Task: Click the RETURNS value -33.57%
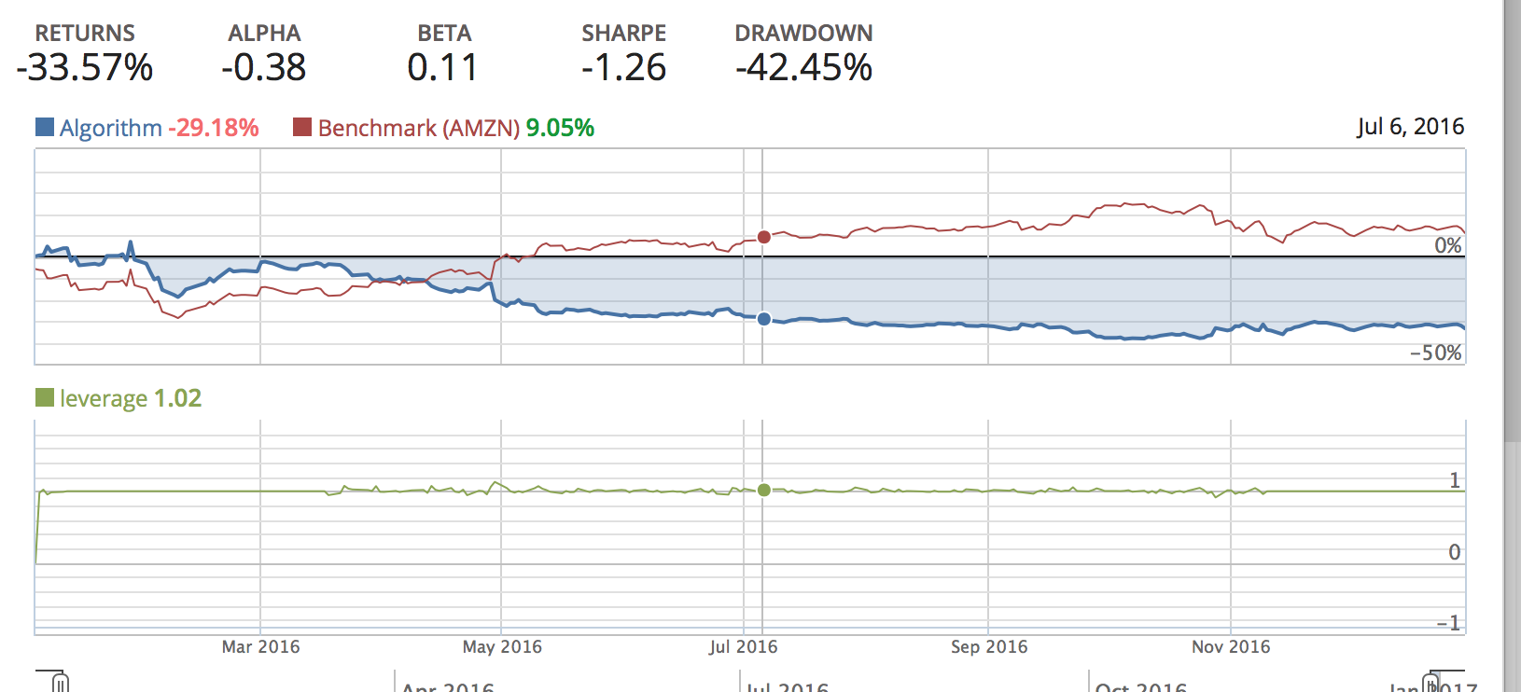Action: pos(85,68)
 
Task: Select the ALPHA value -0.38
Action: pos(264,68)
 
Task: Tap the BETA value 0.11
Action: pos(443,68)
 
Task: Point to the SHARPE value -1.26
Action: pos(623,68)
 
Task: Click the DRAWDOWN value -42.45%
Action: pos(803,68)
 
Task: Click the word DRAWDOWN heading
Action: pos(803,34)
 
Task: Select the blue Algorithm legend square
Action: pos(45,127)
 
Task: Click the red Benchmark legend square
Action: pos(302,127)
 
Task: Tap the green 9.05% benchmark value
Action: pos(560,128)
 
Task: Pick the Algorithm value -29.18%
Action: pos(214,128)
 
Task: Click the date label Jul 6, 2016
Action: pos(1410,127)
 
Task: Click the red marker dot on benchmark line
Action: pos(764,237)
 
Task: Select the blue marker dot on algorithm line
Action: pos(764,319)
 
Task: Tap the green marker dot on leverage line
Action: pos(764,490)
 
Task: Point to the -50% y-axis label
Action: pos(1436,353)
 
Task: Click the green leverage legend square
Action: pos(45,398)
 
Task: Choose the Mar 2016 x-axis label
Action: pos(261,647)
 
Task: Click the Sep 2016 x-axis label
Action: pos(989,647)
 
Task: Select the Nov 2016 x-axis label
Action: pos(1231,647)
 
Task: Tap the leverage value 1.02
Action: pos(177,398)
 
